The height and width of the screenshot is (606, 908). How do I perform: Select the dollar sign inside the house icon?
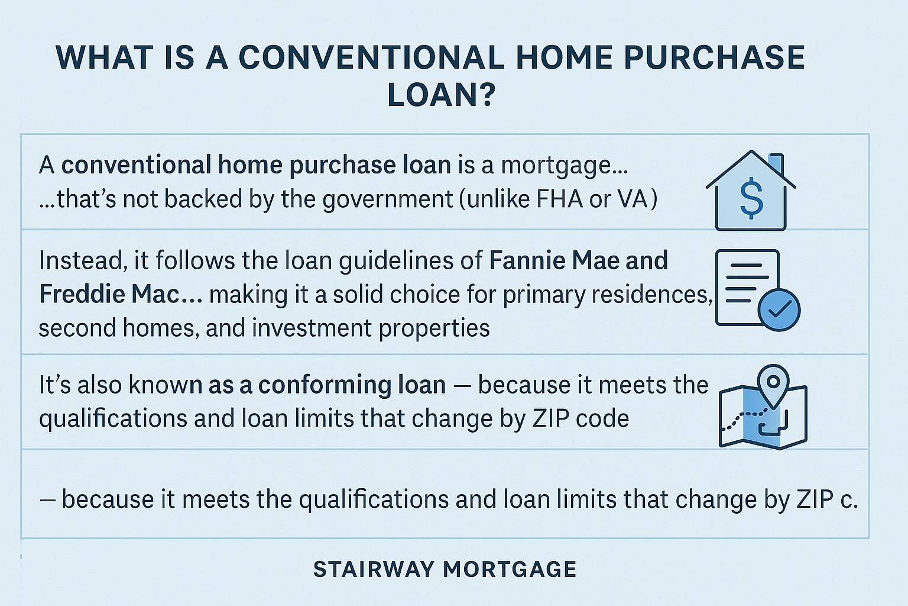751,198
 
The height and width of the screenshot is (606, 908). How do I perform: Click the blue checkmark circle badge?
779,310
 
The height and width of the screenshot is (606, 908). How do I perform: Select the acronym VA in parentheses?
633,199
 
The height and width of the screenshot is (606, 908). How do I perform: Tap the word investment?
312,328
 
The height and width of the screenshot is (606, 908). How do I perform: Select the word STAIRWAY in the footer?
373,569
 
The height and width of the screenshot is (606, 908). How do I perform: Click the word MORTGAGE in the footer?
510,569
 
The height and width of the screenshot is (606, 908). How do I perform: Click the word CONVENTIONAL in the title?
371,57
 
